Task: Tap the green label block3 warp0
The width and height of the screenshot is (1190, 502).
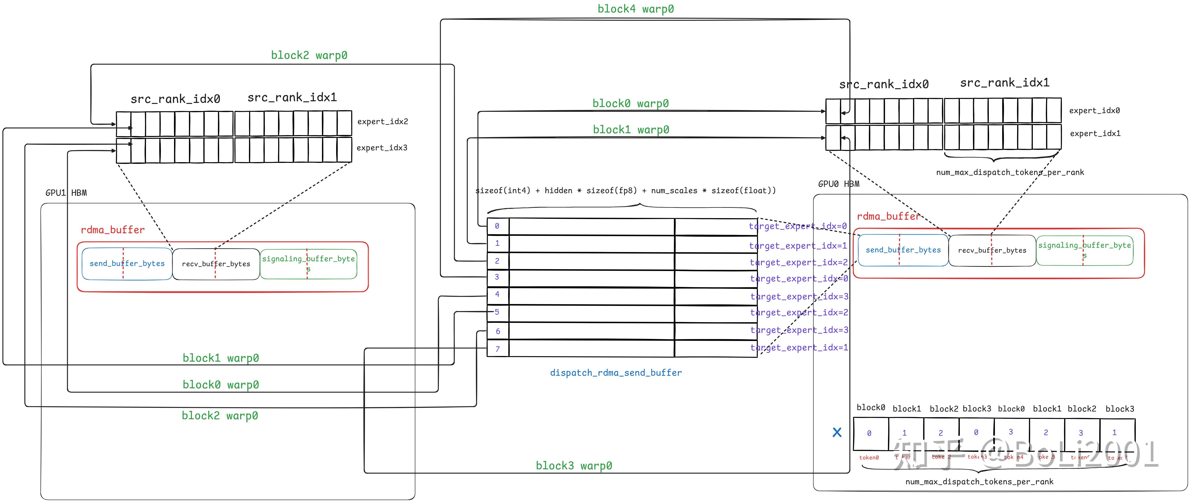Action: click(574, 465)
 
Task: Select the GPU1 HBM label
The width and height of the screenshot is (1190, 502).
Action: click(66, 193)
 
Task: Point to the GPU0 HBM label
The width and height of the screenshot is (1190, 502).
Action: click(838, 184)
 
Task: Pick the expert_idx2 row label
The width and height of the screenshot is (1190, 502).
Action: click(382, 121)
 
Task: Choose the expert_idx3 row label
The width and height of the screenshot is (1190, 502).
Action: click(382, 148)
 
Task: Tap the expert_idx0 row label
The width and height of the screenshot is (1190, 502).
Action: click(1094, 110)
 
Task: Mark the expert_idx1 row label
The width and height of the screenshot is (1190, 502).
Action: click(1095, 134)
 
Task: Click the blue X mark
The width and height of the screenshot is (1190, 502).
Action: click(837, 432)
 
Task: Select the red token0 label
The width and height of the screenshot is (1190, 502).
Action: click(869, 458)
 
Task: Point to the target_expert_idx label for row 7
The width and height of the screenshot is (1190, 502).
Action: click(799, 348)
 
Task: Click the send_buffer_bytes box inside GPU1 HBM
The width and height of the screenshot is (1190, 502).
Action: click(127, 264)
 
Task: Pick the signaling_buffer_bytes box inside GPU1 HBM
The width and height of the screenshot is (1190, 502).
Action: click(309, 264)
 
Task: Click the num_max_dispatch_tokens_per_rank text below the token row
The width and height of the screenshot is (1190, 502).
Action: click(979, 482)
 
